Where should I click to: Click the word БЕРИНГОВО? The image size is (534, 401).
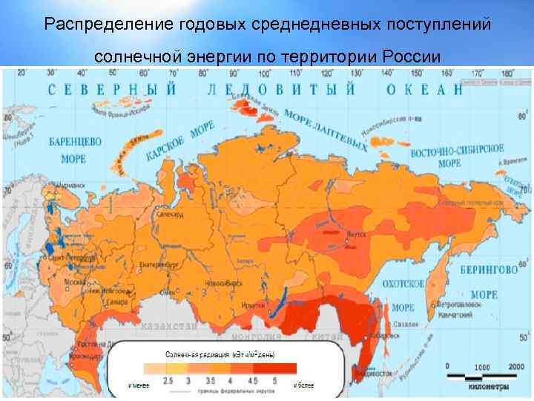(x=488, y=269)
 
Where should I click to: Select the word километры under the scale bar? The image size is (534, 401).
(x=489, y=386)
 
